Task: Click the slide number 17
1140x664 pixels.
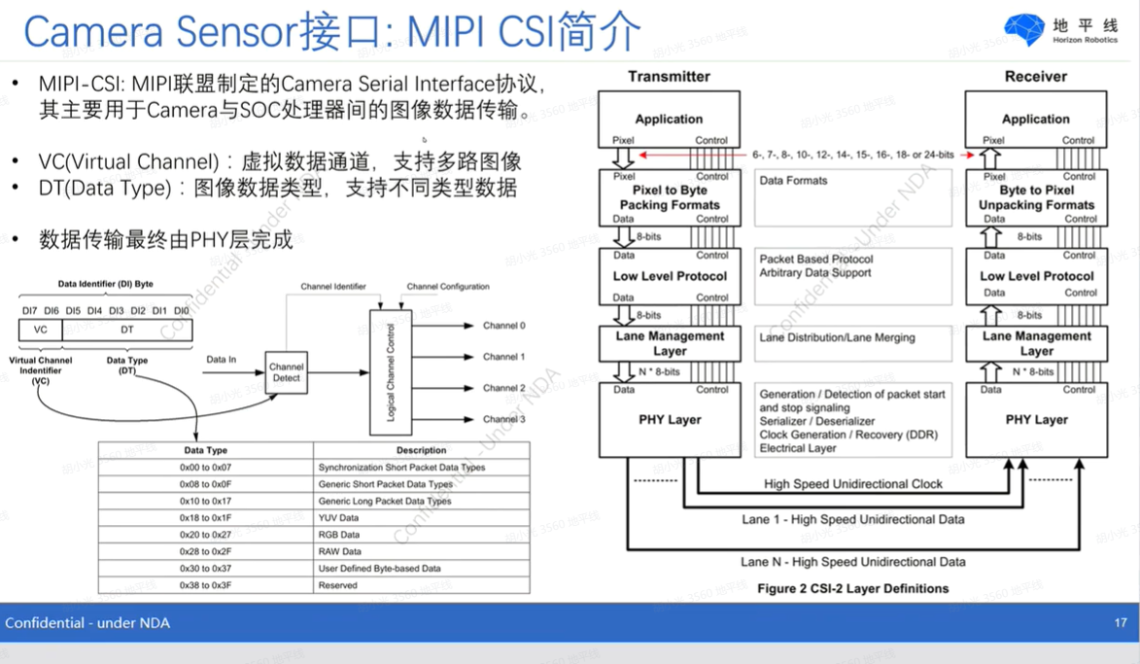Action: click(1120, 622)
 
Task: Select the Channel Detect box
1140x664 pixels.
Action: click(287, 372)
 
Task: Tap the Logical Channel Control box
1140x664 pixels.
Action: click(392, 372)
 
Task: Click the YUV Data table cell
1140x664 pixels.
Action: click(338, 518)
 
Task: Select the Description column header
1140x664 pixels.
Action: click(421, 450)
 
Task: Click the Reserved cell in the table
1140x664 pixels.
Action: click(337, 585)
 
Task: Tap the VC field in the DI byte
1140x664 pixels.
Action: click(40, 330)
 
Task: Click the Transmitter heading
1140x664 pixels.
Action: click(669, 76)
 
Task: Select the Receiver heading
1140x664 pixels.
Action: click(1035, 76)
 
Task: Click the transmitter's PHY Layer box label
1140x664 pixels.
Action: click(670, 420)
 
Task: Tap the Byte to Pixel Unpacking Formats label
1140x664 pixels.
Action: click(1036, 197)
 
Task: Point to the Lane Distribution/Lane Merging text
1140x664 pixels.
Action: click(837, 337)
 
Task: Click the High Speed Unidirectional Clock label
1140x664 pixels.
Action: click(853, 484)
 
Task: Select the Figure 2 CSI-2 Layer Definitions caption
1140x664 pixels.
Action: click(852, 588)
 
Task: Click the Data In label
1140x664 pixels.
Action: click(222, 360)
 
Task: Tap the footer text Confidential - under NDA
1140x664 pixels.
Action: click(87, 622)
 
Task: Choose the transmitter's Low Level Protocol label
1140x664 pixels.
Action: click(670, 276)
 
